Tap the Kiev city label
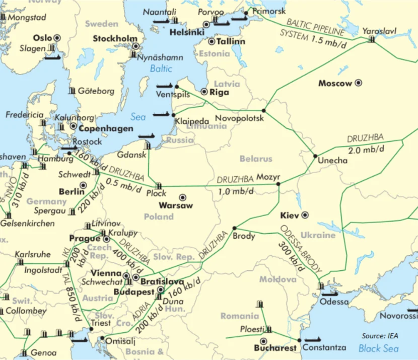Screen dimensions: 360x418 (x=289, y=215)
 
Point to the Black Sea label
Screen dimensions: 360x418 (x=378, y=348)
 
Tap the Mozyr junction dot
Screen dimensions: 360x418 (x=278, y=184)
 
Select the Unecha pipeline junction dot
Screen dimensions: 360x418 (x=315, y=156)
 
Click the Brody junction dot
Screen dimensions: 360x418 (x=234, y=228)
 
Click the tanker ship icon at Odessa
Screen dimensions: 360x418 (x=330, y=294)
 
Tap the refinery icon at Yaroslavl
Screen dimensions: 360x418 (x=372, y=39)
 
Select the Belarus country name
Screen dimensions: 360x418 (x=256, y=159)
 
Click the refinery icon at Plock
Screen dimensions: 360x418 (x=159, y=186)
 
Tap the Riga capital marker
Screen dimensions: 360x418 (x=204, y=92)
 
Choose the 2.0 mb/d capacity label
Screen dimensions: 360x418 (x=365, y=150)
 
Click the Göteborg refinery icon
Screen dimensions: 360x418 (x=73, y=91)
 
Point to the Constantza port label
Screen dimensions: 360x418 (x=326, y=347)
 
